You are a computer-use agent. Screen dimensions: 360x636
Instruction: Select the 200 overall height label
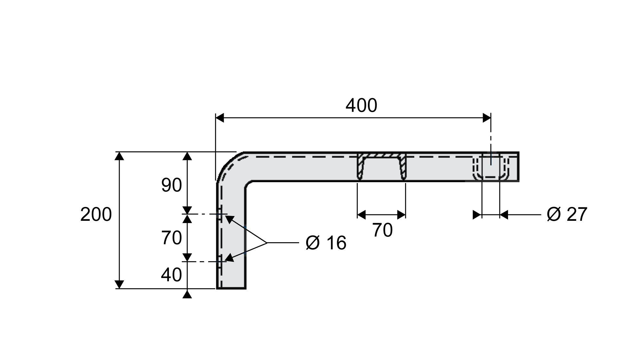(96, 214)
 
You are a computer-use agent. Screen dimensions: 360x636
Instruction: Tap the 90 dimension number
(171, 185)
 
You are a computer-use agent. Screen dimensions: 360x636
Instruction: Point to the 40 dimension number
(171, 275)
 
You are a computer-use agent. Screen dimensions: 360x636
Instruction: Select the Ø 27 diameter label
(567, 214)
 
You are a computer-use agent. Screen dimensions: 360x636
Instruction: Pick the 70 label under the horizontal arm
(382, 230)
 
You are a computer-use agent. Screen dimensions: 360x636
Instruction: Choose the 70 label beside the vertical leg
(171, 238)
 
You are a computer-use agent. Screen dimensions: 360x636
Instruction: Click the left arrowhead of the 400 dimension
(220, 118)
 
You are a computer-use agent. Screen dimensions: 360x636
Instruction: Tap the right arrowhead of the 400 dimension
(487, 118)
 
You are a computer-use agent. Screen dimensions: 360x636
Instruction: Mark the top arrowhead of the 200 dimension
(119, 156)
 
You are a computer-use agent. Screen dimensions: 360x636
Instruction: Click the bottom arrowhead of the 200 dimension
(119, 284)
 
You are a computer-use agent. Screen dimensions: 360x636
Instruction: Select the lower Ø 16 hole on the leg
(220, 261)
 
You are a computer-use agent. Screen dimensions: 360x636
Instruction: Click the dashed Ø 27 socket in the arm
(491, 167)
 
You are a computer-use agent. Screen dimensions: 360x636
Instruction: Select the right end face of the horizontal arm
(518, 167)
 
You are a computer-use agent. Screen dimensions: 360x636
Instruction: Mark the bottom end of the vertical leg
(231, 288)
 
